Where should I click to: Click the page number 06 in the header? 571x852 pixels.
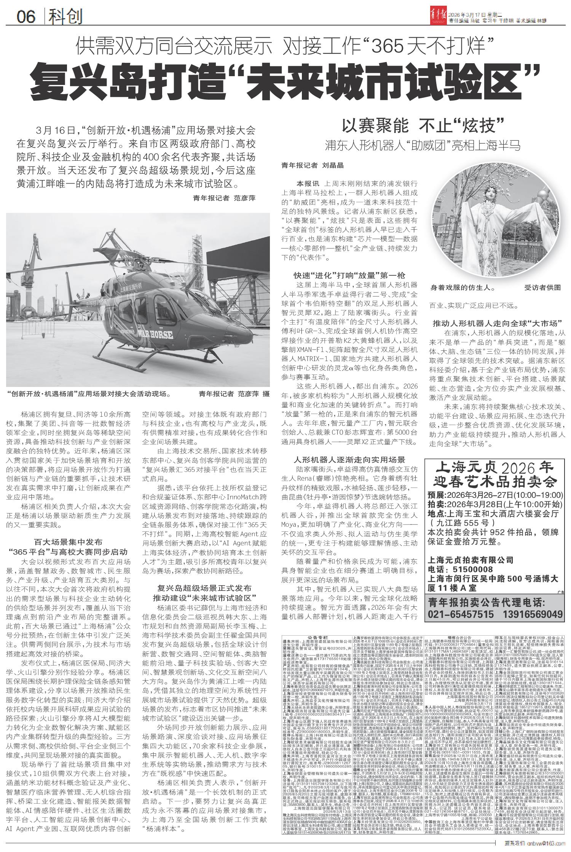[26, 16]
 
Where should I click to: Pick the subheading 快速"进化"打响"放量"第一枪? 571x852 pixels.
[349, 275]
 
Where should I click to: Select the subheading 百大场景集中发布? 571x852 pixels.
[68, 542]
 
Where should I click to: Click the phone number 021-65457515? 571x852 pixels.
[461, 614]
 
